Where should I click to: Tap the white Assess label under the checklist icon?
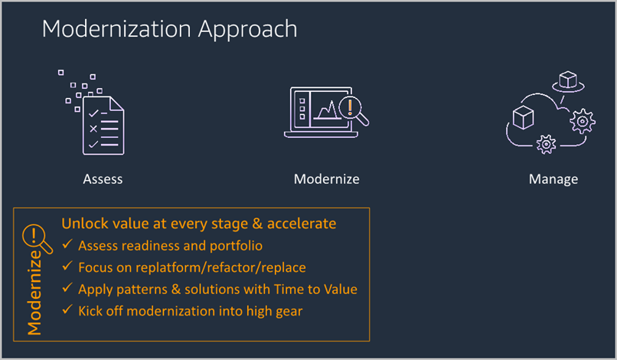(103, 179)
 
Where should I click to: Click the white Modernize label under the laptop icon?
(326, 179)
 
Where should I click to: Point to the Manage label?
(553, 179)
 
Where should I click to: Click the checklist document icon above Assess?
(100, 123)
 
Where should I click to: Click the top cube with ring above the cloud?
(567, 81)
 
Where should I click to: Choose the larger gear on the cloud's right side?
(583, 120)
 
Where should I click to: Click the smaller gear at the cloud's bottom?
(546, 143)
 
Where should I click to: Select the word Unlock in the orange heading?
(83, 224)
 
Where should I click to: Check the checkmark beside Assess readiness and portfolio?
(67, 245)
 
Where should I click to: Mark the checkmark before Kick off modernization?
(67, 310)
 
